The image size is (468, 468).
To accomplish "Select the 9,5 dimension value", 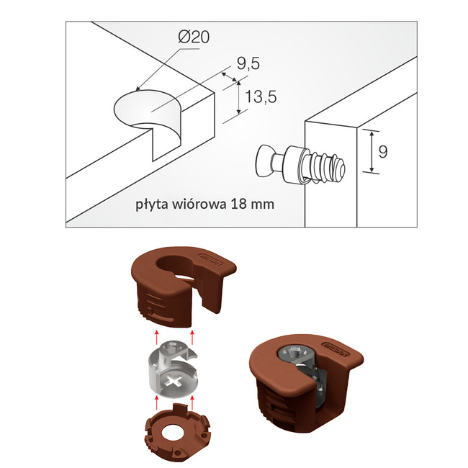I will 247,64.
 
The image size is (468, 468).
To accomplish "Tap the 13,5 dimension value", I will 261,97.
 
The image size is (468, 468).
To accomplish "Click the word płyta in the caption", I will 153,204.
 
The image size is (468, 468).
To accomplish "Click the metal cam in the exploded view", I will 174,366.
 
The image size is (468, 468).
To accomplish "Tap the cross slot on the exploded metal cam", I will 176,380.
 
